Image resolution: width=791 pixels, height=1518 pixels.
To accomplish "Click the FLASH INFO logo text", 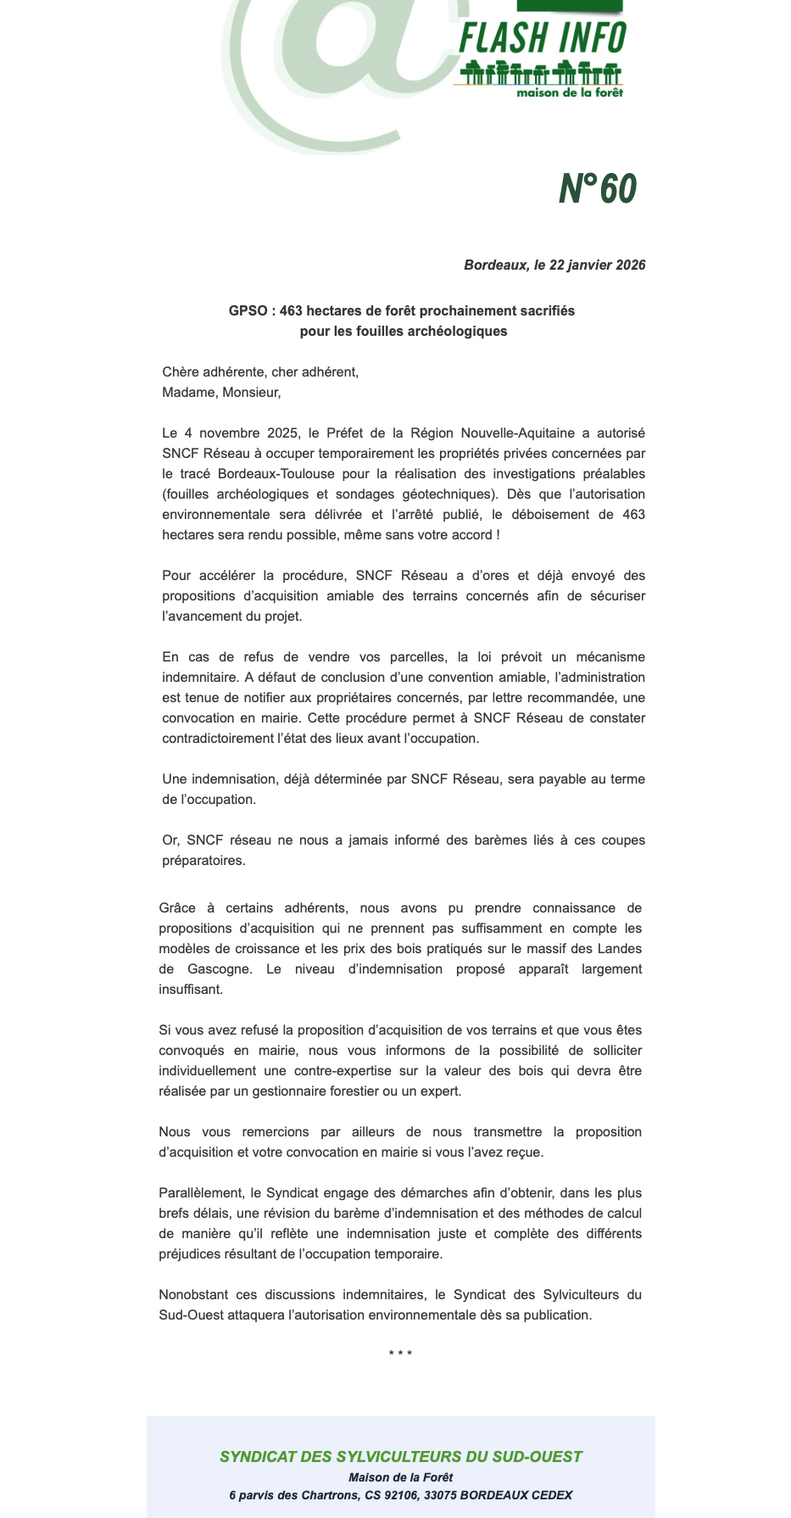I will pyautogui.click(x=542, y=38).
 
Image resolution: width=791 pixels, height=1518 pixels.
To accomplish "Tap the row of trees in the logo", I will pyautogui.click(x=538, y=73).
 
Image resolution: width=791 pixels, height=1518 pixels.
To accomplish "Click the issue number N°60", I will pyautogui.click(x=597, y=189).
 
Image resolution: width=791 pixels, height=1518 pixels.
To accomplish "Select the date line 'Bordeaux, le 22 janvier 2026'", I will pyautogui.click(x=554, y=265).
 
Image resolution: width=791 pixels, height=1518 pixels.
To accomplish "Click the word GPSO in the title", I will pyautogui.click(x=248, y=311).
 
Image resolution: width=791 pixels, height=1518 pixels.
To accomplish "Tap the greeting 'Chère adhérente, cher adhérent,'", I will pyautogui.click(x=260, y=372).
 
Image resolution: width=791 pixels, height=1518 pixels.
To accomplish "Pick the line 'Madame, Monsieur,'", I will pyautogui.click(x=221, y=393).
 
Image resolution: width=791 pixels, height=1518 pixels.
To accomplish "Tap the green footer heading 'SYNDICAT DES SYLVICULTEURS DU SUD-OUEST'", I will pyautogui.click(x=400, y=1457).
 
